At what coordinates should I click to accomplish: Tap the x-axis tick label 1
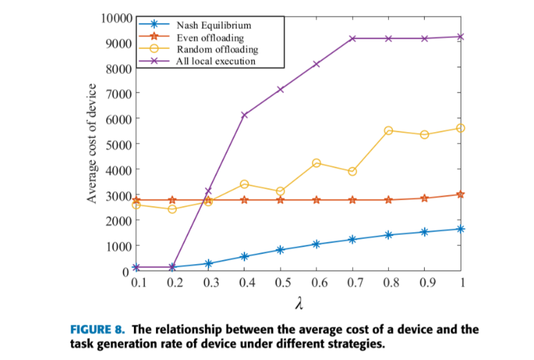coord(461,283)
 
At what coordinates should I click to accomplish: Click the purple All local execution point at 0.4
coord(245,115)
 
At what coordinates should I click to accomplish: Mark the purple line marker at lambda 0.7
coord(352,39)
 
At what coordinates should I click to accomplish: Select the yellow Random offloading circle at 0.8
coord(388,131)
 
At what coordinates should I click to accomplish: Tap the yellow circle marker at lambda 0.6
coord(316,163)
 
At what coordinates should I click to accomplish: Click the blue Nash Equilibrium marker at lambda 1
coord(460,229)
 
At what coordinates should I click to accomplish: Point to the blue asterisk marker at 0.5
coord(280,249)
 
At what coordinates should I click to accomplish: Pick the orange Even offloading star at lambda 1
coord(460,194)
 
